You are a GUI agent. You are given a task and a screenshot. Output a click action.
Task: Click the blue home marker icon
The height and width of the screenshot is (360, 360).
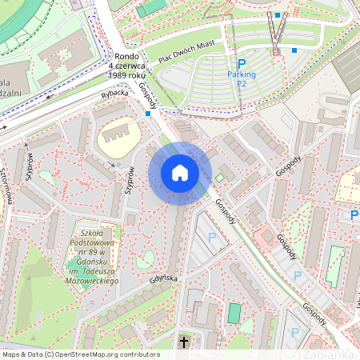pos(180,173)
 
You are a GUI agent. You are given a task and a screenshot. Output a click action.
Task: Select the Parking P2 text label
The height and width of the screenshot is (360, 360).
pos(241,78)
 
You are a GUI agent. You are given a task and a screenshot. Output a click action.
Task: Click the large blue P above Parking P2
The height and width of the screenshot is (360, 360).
pos(241,63)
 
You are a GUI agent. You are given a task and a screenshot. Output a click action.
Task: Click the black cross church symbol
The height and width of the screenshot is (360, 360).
pos(184,342)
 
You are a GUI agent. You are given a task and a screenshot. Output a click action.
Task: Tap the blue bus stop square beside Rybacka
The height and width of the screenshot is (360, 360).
pos(148,114)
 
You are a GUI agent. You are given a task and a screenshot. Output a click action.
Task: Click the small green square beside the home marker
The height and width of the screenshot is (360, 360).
pos(220,178)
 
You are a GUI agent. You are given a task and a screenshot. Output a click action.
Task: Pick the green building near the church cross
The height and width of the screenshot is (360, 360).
pos(233,313)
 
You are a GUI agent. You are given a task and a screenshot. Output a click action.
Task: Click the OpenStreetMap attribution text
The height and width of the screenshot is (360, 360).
pos(80,354)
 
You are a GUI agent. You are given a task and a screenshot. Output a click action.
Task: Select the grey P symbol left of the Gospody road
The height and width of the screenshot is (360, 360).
pos(212,237)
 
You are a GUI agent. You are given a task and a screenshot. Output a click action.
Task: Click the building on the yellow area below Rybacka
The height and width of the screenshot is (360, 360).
pos(118,135)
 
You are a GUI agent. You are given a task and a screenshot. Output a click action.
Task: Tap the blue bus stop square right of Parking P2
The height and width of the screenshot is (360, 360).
pos(294,50)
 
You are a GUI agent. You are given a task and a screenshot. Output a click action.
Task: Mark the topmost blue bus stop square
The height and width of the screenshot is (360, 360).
pos(278,15)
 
